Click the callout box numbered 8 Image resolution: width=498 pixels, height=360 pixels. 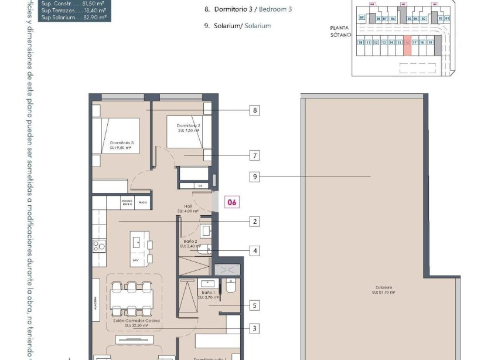click(254, 110)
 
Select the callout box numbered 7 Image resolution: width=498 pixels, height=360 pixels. click(254, 155)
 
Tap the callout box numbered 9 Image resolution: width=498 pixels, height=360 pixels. click(254, 176)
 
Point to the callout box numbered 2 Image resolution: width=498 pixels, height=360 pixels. click(254, 222)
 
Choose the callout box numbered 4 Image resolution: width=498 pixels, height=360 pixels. click(254, 250)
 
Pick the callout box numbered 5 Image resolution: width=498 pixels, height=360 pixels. click(254, 305)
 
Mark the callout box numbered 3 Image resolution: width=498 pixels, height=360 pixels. click(254, 328)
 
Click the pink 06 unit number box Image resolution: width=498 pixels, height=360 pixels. click(232, 202)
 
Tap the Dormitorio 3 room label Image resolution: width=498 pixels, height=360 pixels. click(122, 145)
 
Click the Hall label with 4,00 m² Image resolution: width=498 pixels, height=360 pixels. click(188, 209)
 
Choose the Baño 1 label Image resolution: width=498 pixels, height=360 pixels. click(208, 295)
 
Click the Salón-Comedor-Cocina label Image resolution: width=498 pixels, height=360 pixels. click(137, 324)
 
